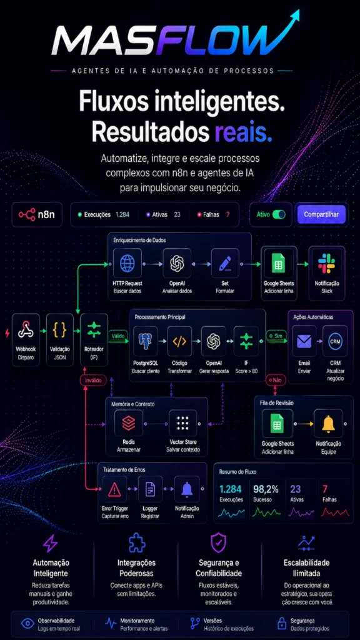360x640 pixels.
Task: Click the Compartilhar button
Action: click(321, 214)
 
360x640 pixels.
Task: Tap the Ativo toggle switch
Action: click(279, 214)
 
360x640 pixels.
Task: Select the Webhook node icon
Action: click(26, 330)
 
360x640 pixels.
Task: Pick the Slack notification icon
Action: click(326, 263)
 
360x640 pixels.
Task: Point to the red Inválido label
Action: click(94, 381)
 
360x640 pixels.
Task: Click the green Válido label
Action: click(118, 336)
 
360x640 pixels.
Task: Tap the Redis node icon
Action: click(129, 424)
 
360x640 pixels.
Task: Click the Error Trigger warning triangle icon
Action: click(115, 489)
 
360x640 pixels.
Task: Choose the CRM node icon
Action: click(335, 341)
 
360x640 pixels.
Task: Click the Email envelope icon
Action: click(304, 341)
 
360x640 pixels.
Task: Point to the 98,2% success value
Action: click(266, 489)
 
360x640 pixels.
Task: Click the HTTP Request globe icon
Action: click(127, 263)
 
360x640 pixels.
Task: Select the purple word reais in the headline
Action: click(244, 131)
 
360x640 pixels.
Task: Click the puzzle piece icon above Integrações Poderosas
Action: click(137, 542)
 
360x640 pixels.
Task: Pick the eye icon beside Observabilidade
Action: click(27, 623)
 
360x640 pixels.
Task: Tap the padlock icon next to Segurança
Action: click(281, 623)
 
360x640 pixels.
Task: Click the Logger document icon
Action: click(150, 489)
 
